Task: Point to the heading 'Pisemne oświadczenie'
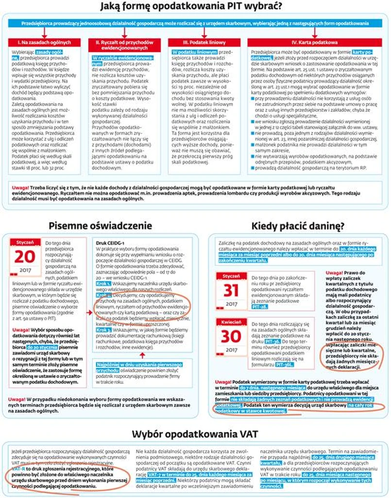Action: [x=101, y=226]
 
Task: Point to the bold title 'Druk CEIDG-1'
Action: [x=111, y=242]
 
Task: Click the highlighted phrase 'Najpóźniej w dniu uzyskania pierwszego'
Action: [x=139, y=365]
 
